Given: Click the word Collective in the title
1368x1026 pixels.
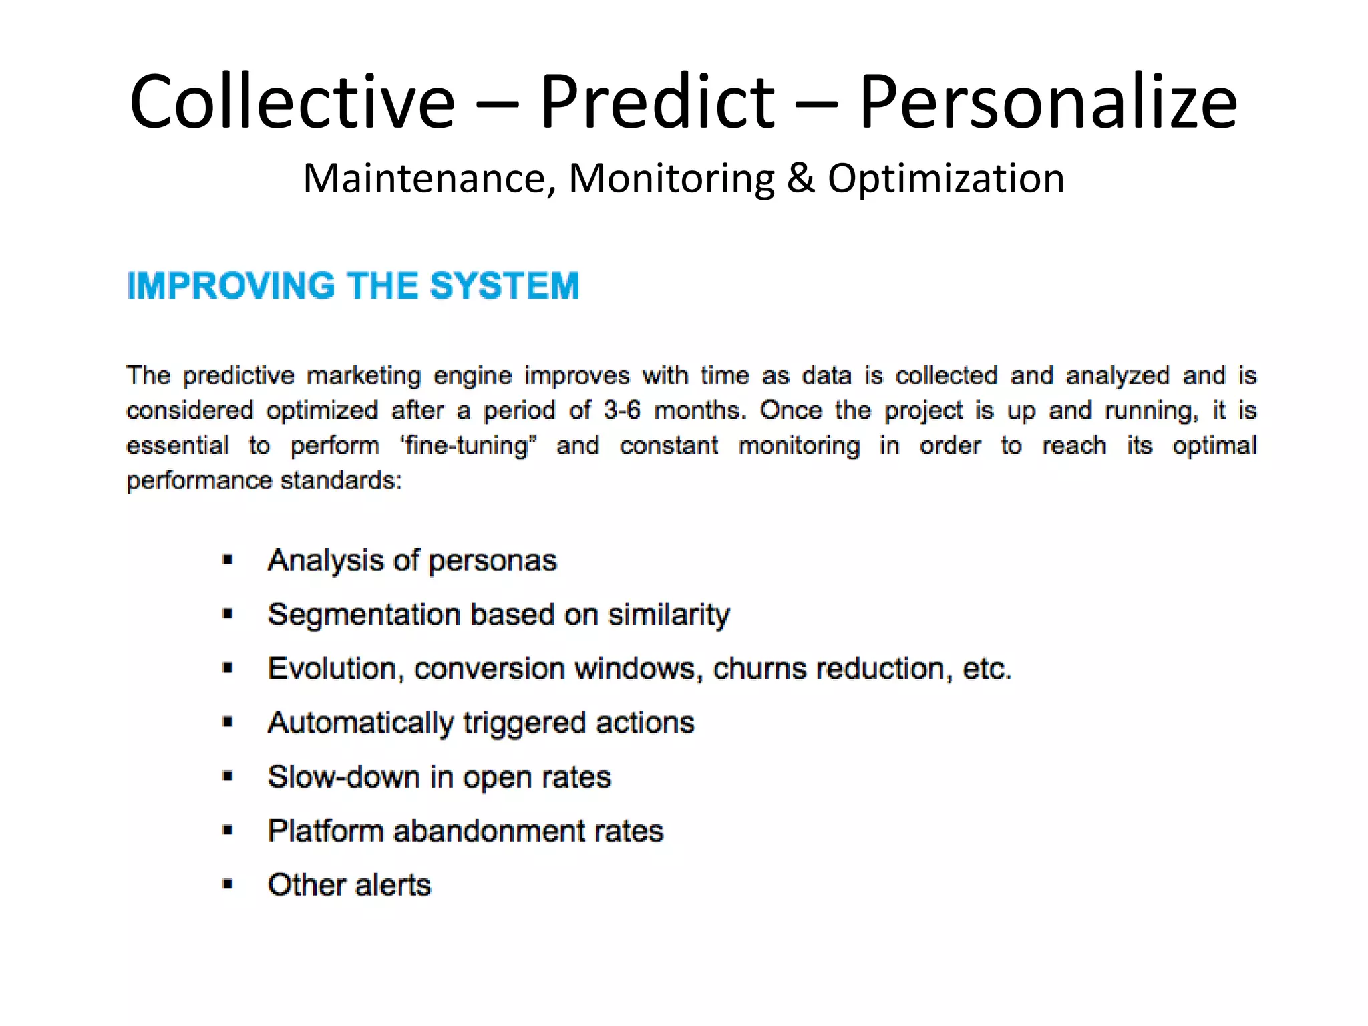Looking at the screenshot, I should [292, 102].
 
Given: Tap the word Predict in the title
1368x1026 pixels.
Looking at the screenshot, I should [657, 102].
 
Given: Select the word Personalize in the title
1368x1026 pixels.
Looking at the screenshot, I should [1047, 102].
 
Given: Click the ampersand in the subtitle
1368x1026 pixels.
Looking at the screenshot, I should [800, 179].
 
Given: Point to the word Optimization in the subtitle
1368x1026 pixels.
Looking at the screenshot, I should [946, 179].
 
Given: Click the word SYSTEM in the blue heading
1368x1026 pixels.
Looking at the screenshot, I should [504, 286].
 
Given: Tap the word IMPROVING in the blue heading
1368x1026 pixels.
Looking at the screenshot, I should [231, 286].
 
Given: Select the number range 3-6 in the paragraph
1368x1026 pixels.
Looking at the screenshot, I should [621, 410].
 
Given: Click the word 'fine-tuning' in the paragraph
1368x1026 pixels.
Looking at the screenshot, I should [469, 446].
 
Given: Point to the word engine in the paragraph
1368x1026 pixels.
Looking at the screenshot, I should [472, 376].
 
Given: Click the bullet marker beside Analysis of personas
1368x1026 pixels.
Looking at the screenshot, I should [228, 560].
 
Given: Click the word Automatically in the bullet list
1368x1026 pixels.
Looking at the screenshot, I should [361, 723].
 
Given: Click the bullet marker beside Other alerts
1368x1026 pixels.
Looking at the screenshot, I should [228, 885].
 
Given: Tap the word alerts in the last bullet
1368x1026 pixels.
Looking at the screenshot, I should [393, 885].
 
